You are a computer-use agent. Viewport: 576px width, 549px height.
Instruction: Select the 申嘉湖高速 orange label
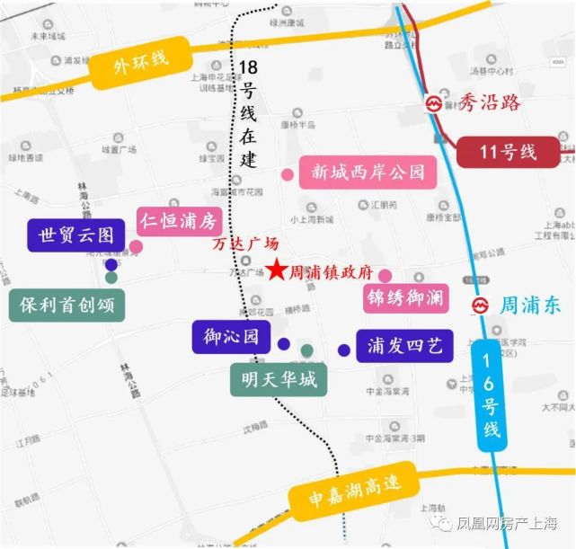pyautogui.click(x=353, y=490)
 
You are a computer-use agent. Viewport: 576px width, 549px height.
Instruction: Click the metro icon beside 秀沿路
pyautogui.click(x=435, y=103)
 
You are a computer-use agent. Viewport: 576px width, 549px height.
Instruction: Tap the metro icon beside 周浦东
pyautogui.click(x=482, y=306)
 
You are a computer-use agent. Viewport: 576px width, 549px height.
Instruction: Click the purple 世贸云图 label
pyautogui.click(x=75, y=235)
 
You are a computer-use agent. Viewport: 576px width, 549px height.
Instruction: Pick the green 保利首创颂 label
pyautogui.click(x=66, y=304)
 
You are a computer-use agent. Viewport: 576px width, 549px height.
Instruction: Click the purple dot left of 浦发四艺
pyautogui.click(x=343, y=350)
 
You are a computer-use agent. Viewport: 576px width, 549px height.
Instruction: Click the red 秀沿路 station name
pyautogui.click(x=489, y=102)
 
